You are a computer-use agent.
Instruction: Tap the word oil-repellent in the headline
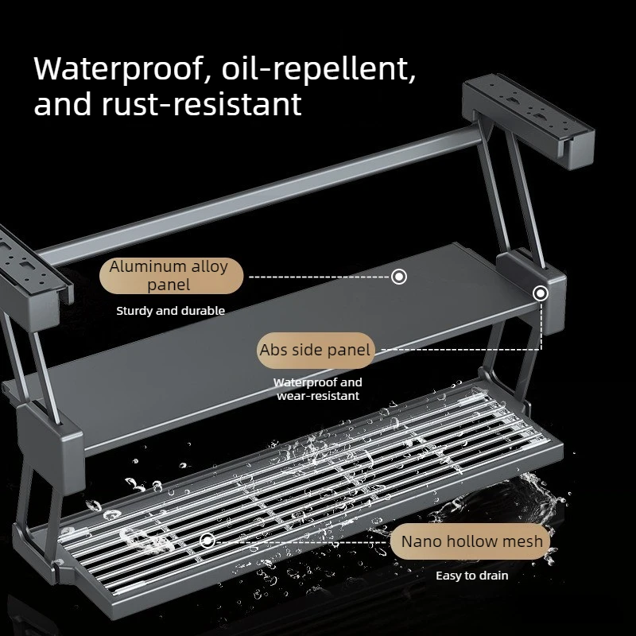click(x=319, y=68)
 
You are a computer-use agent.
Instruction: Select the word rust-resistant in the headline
click(x=202, y=104)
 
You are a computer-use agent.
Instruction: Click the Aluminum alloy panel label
click(x=171, y=275)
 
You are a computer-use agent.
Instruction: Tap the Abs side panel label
click(x=315, y=350)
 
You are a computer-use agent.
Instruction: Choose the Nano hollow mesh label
click(x=471, y=541)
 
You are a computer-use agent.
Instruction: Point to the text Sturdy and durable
click(x=170, y=311)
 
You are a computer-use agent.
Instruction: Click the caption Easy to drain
click(x=471, y=576)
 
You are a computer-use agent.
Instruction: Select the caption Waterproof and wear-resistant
click(x=317, y=389)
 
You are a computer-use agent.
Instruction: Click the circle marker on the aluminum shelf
click(x=399, y=277)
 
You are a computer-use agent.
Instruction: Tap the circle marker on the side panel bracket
click(x=541, y=293)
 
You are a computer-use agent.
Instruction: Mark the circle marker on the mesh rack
click(x=207, y=541)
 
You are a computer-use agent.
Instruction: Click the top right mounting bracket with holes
click(x=528, y=121)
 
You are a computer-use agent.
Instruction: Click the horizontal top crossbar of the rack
click(x=260, y=196)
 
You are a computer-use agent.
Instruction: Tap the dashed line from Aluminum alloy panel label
click(x=320, y=277)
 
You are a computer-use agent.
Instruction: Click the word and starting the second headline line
click(x=64, y=104)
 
